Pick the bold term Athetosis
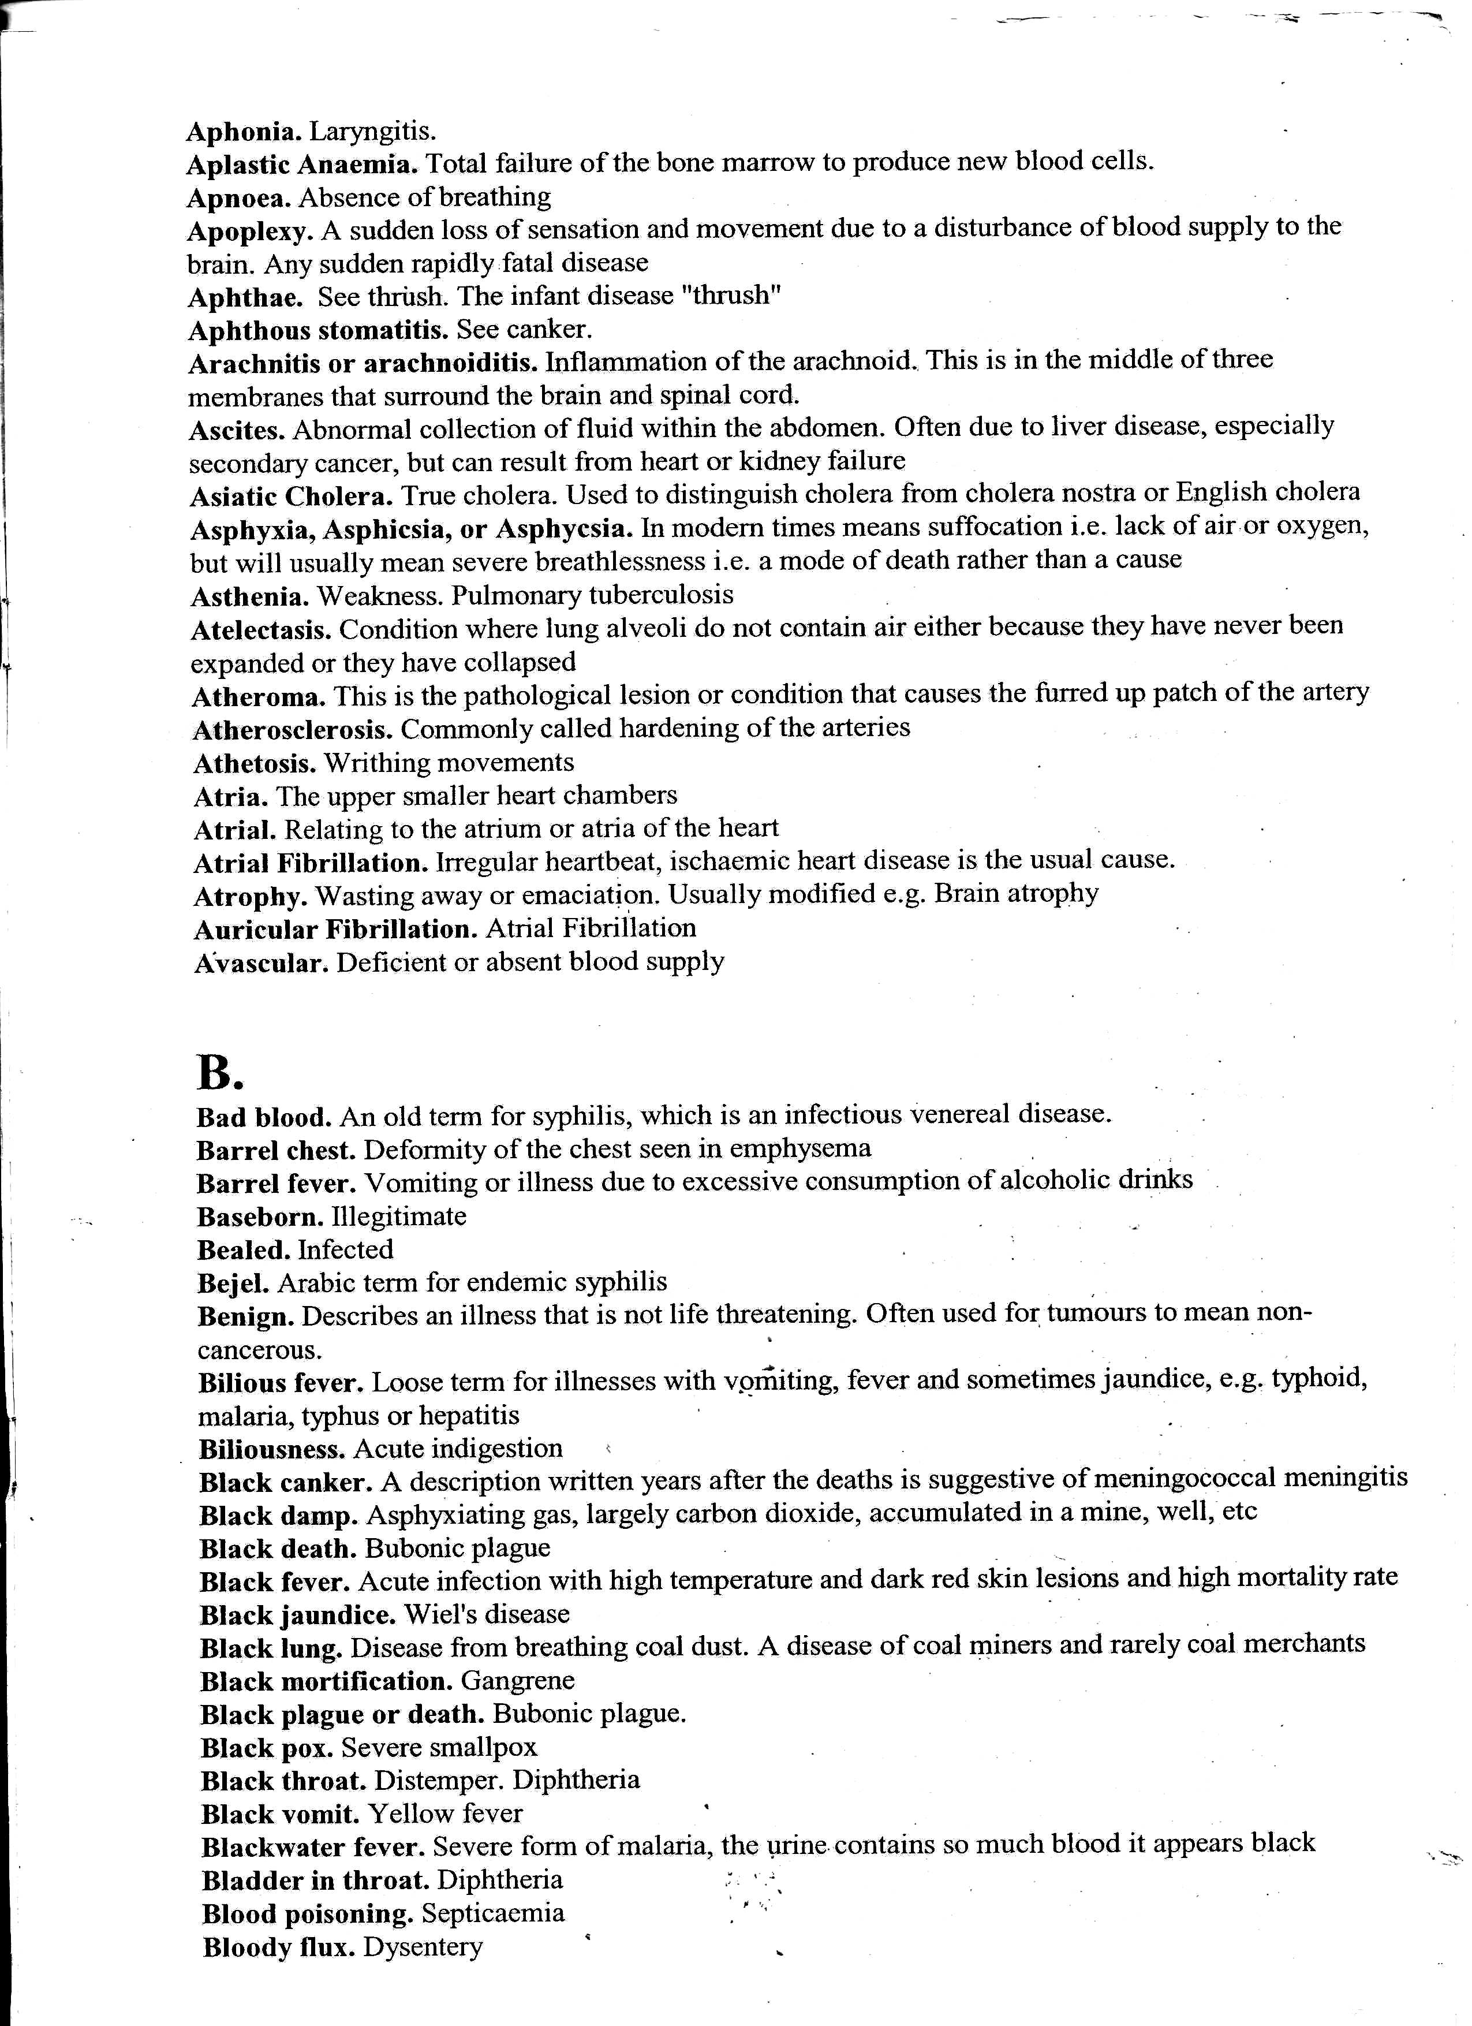(256, 763)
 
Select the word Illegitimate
(398, 1216)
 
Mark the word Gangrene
(518, 1681)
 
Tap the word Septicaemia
(493, 1913)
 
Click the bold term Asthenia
(250, 596)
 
